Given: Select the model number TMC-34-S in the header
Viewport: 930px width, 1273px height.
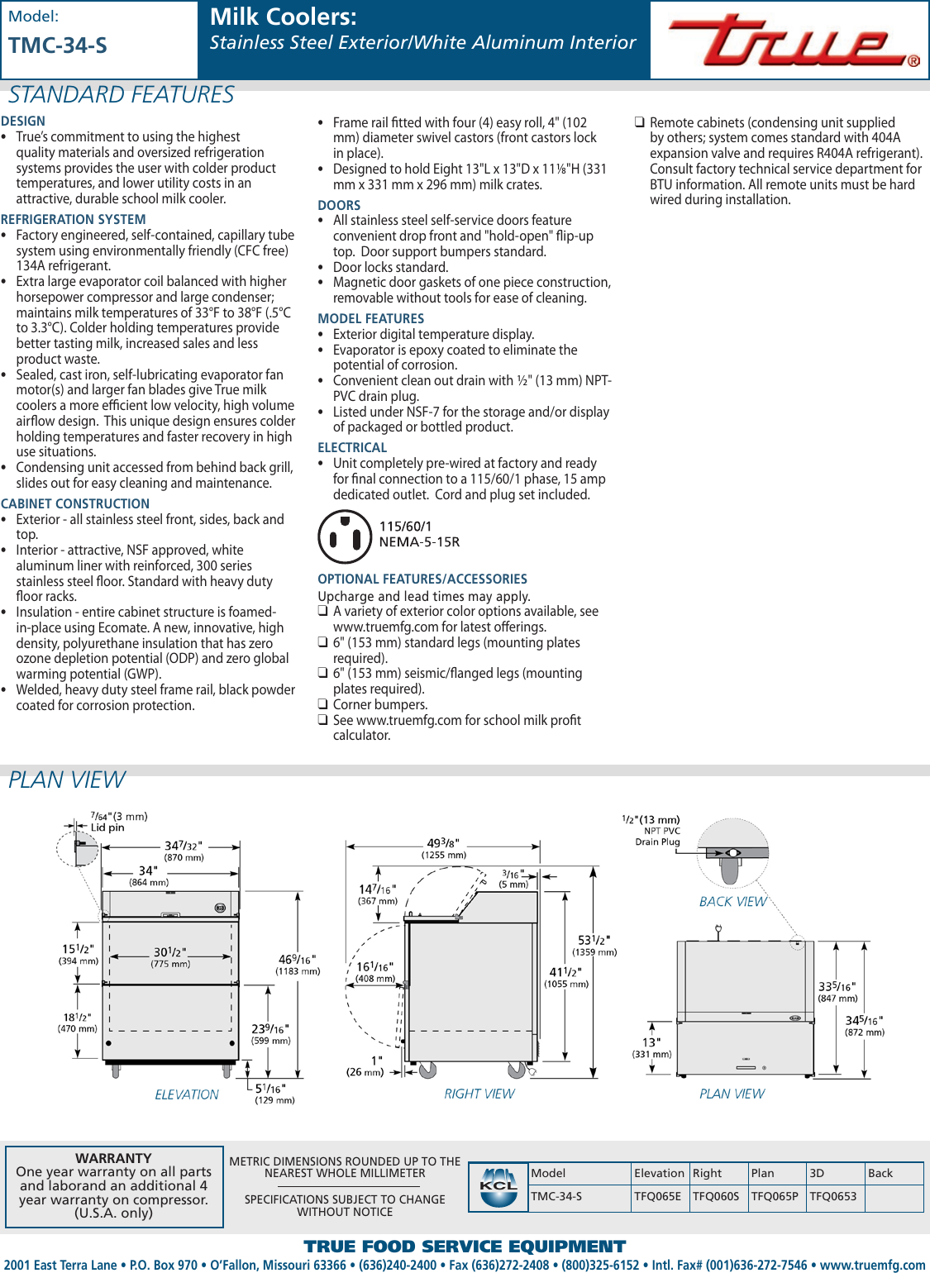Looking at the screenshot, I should click(58, 45).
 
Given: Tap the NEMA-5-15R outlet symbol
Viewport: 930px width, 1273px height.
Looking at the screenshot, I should click(345, 536).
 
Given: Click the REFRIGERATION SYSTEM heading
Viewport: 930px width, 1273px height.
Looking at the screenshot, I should click(74, 220).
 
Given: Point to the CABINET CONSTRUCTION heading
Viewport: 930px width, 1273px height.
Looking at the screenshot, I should click(75, 504).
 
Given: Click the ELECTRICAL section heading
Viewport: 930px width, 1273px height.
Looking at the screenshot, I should click(352, 448).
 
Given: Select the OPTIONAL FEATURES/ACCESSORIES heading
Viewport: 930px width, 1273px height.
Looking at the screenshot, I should click(422, 579).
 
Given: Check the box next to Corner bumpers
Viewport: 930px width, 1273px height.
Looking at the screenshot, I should click(323, 704).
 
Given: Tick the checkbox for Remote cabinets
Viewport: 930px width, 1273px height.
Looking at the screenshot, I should click(639, 122).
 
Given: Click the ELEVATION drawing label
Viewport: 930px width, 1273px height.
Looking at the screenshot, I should click(187, 1094).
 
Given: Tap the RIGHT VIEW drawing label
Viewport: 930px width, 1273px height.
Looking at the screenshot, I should click(479, 1094).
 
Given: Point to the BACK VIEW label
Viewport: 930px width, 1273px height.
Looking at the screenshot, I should click(732, 902).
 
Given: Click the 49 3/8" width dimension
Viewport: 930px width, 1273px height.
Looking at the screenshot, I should click(443, 844).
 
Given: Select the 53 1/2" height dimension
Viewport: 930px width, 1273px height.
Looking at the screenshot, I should click(594, 941).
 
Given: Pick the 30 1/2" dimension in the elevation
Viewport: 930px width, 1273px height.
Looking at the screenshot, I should click(169, 952).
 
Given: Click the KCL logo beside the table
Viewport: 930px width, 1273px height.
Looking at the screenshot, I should click(498, 1187).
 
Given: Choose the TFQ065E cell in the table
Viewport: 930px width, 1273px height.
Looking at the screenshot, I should click(658, 1196).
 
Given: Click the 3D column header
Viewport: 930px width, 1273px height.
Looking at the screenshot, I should click(817, 1173).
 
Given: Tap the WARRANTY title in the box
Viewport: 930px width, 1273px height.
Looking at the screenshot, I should click(113, 1158).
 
